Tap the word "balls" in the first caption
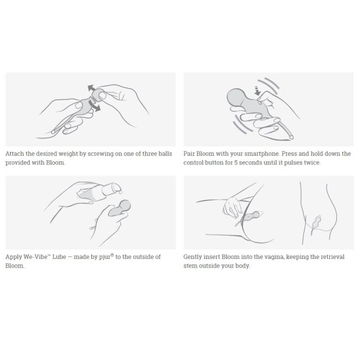click(165, 154)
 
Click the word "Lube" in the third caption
click(59, 256)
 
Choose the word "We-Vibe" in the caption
click(36, 256)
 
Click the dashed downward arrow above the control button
click(258, 91)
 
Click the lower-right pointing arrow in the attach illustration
click(95, 105)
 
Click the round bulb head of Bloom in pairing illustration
click(236, 97)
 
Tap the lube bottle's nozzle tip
click(120, 189)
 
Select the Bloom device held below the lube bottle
click(119, 208)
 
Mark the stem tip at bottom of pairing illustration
click(292, 138)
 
